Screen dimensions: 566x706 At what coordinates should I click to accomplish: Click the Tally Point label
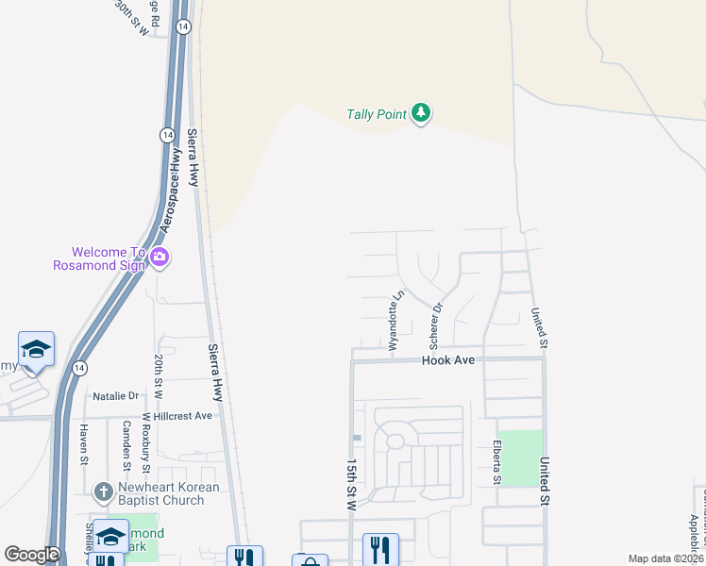(376, 115)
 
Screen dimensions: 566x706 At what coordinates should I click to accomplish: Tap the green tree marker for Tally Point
(421, 114)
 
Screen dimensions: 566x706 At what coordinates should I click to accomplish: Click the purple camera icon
(160, 257)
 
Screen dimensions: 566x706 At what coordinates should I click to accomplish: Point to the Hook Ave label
(447, 360)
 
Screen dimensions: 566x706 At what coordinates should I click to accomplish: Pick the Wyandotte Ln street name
(397, 320)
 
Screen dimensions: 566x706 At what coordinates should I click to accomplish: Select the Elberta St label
(496, 463)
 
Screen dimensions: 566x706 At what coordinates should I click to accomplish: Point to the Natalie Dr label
(115, 396)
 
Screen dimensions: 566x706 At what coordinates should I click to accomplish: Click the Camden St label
(126, 444)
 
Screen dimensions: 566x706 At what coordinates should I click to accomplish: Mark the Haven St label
(83, 443)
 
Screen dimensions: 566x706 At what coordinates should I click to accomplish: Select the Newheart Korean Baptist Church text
(168, 493)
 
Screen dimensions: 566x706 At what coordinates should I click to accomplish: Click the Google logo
(32, 556)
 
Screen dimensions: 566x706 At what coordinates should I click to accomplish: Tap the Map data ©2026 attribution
(665, 558)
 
